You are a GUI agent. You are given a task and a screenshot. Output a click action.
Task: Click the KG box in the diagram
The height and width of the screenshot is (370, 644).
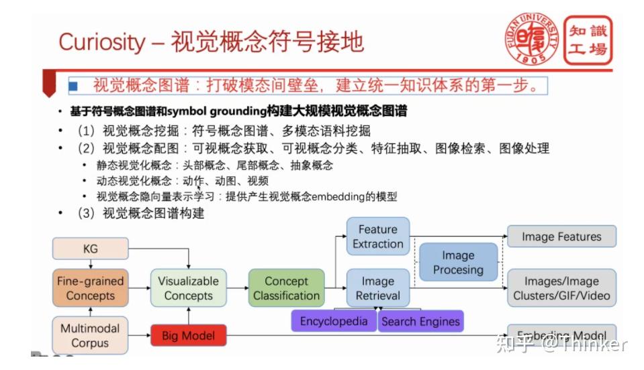[90, 249]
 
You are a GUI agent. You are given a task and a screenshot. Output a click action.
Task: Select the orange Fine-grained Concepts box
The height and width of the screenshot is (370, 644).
[90, 288]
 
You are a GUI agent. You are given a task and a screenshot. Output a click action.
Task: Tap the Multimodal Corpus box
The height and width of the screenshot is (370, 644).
[90, 335]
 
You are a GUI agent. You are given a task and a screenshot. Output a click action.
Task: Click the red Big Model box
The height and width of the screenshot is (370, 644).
[189, 335]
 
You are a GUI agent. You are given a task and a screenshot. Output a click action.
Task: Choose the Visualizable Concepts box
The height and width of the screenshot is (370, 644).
[188, 288]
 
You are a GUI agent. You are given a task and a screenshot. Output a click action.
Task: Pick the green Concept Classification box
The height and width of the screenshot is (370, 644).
[286, 288]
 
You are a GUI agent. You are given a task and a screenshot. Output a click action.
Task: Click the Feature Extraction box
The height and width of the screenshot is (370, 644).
[377, 237]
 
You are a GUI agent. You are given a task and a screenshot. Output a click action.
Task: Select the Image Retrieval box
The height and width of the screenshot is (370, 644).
[377, 288]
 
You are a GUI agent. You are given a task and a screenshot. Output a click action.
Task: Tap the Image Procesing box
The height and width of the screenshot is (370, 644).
[458, 262]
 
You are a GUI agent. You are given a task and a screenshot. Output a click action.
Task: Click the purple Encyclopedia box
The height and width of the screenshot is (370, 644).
[334, 321]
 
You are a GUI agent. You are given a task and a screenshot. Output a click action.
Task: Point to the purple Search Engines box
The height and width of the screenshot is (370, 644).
[420, 321]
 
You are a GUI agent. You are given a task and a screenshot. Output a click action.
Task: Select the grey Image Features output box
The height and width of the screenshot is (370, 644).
[561, 236]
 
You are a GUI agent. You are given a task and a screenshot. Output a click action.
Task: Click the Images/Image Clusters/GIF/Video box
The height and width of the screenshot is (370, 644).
[561, 288]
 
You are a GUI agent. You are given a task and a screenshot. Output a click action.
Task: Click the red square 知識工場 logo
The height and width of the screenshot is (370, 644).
[588, 40]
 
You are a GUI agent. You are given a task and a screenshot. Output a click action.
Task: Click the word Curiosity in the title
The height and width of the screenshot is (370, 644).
[101, 42]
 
